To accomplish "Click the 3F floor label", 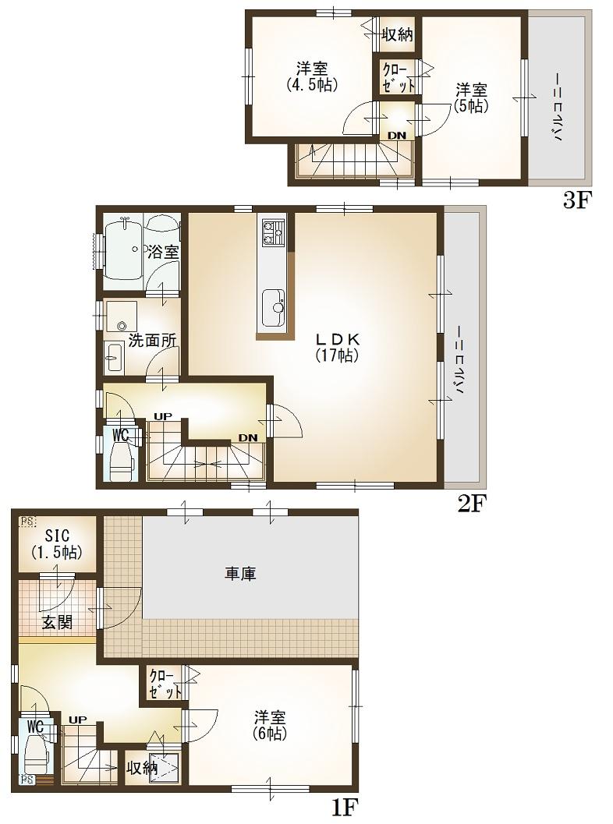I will pyautogui.click(x=579, y=201).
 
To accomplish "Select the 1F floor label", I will pyautogui.click(x=344, y=805).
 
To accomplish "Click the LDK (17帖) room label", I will pyautogui.click(x=337, y=348).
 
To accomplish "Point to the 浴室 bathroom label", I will pyautogui.click(x=163, y=252).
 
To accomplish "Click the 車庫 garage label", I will pyautogui.click(x=241, y=574).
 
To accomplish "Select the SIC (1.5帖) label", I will pyautogui.click(x=56, y=543).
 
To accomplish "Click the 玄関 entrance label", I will pyautogui.click(x=56, y=621).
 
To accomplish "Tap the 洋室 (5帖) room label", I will pyautogui.click(x=472, y=97).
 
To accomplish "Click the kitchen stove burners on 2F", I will pyautogui.click(x=273, y=232).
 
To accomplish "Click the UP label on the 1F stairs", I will pyautogui.click(x=76, y=720).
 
